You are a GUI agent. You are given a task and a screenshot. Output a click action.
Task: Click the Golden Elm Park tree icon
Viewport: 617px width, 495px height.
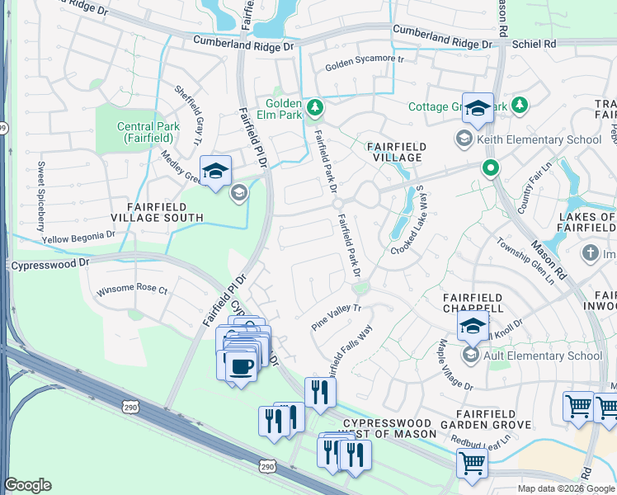[x=314, y=107]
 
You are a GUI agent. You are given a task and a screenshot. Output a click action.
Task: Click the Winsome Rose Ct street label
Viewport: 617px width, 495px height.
[x=132, y=290]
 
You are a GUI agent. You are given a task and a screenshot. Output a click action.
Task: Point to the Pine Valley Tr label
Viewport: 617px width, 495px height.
[x=336, y=318]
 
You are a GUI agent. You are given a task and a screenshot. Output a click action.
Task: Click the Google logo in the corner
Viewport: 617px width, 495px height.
[x=27, y=485]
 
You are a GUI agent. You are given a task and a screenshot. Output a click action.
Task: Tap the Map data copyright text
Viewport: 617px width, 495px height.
[x=566, y=488]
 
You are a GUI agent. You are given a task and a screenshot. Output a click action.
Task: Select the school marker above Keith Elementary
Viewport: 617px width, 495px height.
[x=478, y=109]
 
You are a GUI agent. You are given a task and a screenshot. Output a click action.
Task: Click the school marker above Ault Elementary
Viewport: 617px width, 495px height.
[x=473, y=327]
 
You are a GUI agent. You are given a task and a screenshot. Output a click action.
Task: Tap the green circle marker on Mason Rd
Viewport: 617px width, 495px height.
[x=491, y=169]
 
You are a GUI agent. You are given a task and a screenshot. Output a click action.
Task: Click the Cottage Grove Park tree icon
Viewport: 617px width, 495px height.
[x=520, y=106]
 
